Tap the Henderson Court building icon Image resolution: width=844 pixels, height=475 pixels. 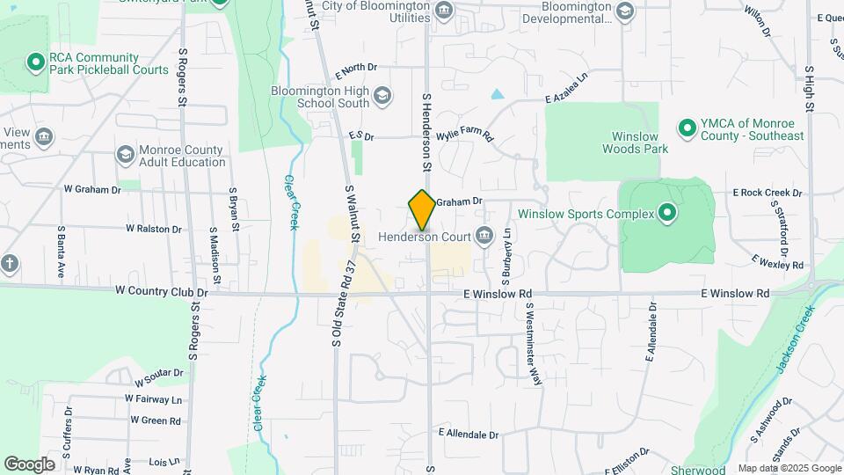pos(484,235)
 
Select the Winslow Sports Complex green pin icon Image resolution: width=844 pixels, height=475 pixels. pos(666,213)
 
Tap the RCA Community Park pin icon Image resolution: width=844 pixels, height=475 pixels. pos(35,62)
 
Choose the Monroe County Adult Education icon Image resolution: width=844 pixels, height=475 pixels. pos(125,155)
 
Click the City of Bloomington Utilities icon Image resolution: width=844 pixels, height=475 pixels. pos(444,11)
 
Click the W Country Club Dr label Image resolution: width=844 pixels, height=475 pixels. pos(161,291)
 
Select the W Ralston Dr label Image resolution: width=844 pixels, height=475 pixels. pos(153,229)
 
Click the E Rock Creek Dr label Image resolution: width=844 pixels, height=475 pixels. pos(768,193)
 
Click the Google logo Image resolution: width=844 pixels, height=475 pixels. pos(29,464)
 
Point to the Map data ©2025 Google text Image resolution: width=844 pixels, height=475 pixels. pos(789,469)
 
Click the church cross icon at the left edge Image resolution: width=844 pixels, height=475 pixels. pos(9,263)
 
